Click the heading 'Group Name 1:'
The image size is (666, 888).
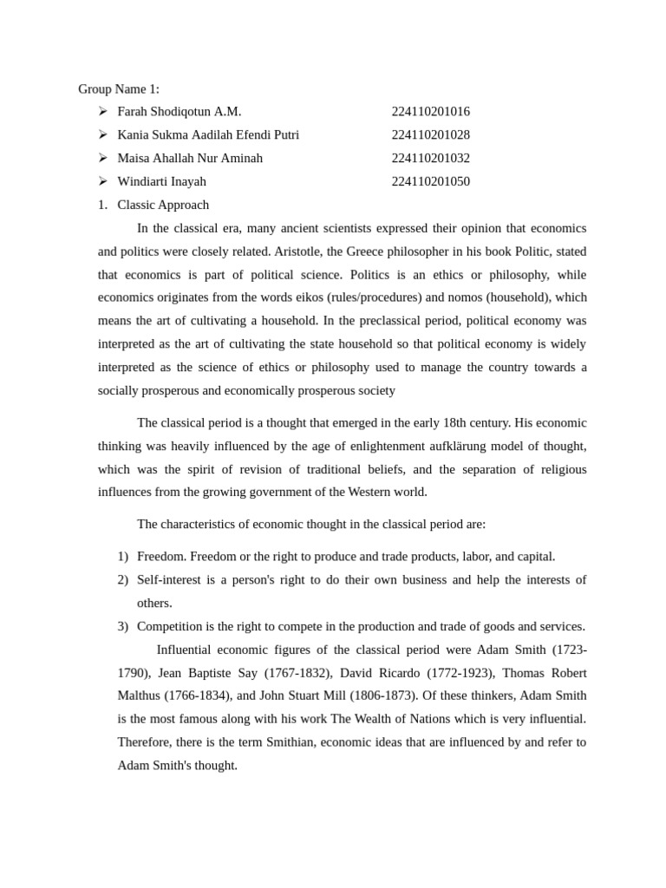[119, 88]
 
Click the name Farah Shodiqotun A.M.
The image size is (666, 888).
[180, 112]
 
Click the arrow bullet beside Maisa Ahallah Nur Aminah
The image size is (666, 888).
[102, 158]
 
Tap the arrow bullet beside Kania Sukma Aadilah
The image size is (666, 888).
[102, 134]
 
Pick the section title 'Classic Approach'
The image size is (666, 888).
[163, 205]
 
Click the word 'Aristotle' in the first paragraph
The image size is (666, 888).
[323, 251]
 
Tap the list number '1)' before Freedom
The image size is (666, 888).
[123, 557]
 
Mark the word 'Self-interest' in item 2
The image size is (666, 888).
[170, 579]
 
